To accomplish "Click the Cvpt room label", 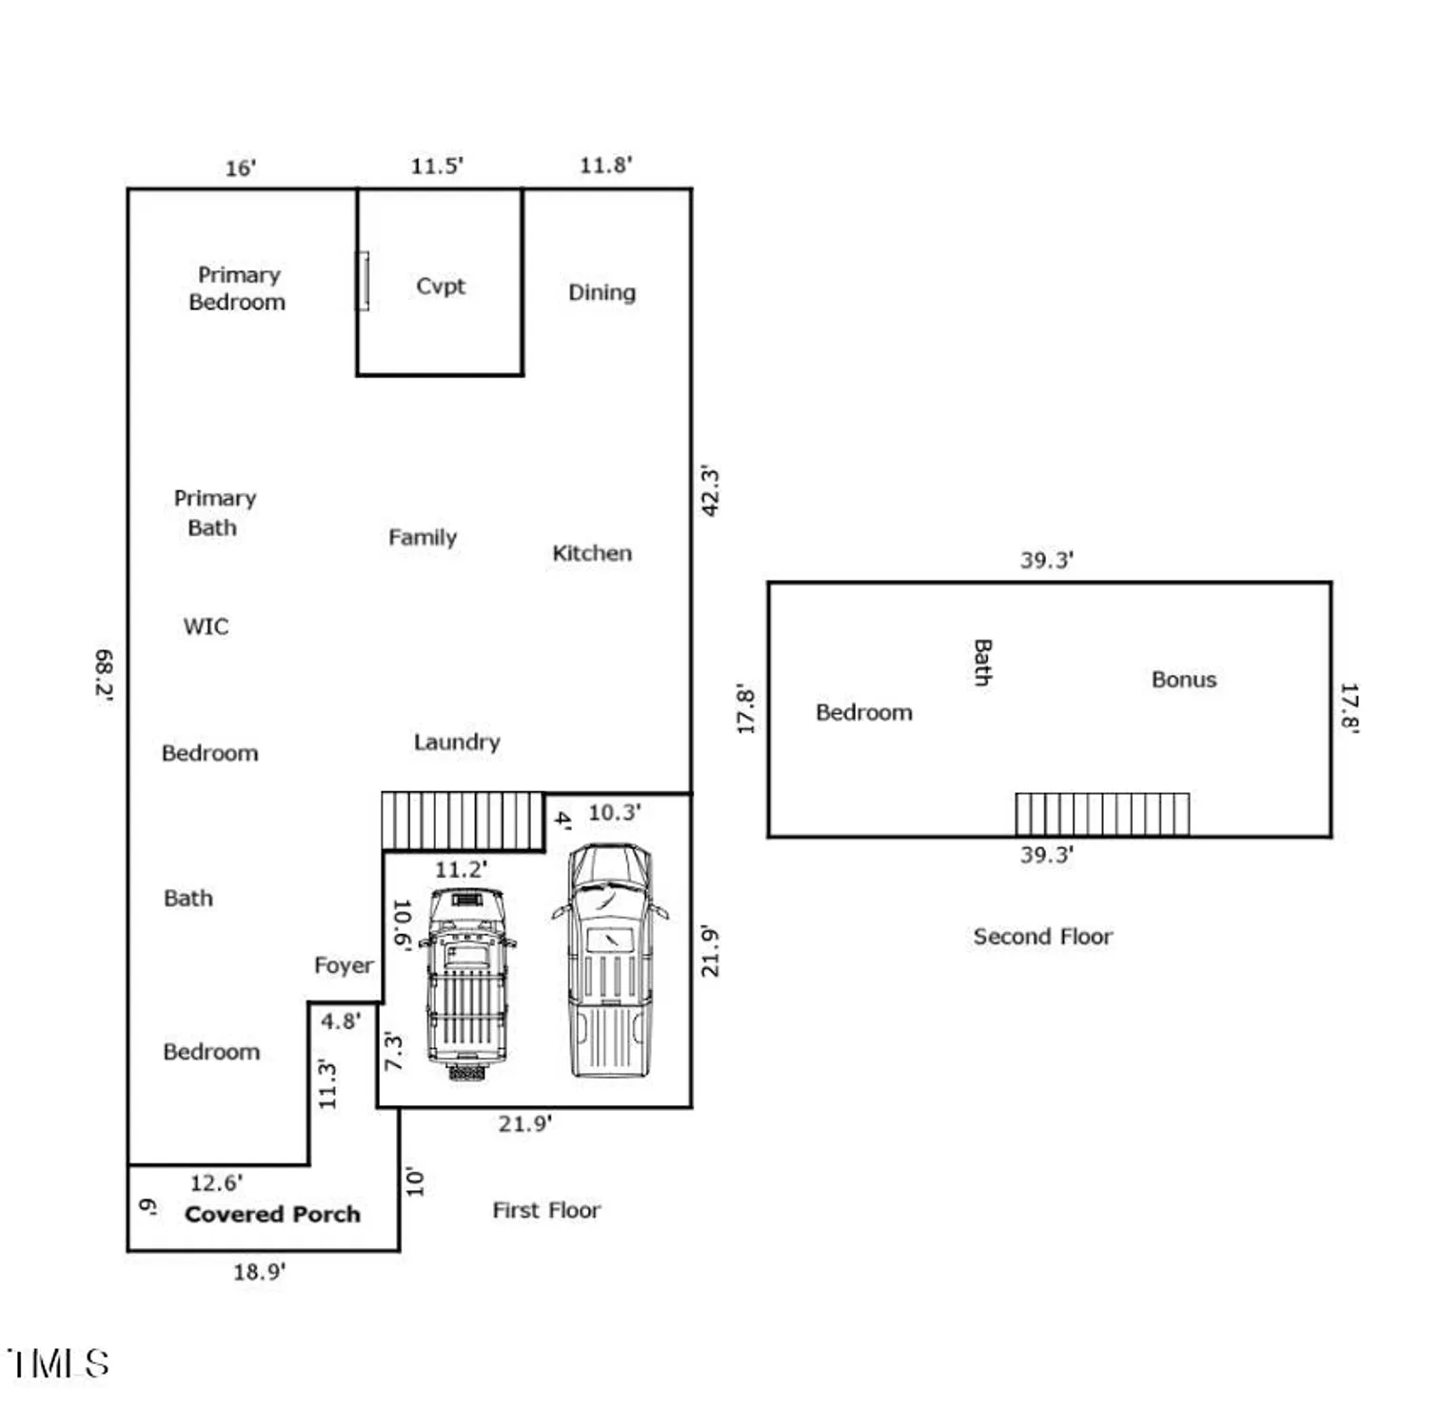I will click(x=440, y=287).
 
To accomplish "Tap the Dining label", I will click(x=602, y=292).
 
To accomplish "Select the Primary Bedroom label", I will click(x=237, y=288).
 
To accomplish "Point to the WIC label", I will click(x=206, y=626).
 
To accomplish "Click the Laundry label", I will click(x=456, y=742).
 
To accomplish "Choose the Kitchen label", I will click(x=591, y=553).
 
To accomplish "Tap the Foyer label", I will click(x=344, y=965).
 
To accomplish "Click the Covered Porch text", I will click(x=272, y=1214).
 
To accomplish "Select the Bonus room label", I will click(x=1183, y=680).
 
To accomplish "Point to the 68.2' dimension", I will click(x=104, y=675).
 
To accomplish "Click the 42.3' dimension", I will click(x=710, y=491).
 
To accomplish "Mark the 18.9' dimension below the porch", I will click(x=259, y=1272).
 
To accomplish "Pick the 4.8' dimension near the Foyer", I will click(x=340, y=1021).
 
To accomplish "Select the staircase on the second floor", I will click(x=1101, y=814).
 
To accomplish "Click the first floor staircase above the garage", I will click(x=462, y=820).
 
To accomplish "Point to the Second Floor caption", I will click(x=1042, y=937).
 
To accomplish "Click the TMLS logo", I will click(x=59, y=1362).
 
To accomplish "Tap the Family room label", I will click(x=422, y=538).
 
